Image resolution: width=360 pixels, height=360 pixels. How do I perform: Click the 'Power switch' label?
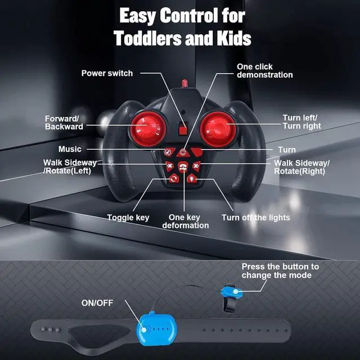tap(107, 73)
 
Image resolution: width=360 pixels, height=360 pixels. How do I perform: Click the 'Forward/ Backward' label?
tap(64, 122)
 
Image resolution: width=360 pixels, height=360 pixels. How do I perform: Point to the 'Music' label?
tap(70, 149)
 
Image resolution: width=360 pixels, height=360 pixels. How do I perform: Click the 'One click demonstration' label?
tap(264, 71)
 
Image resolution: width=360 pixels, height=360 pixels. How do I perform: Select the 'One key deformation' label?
tap(185, 221)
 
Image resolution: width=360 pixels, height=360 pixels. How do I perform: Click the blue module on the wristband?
tap(152, 329)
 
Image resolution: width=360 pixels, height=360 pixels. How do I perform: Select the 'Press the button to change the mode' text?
tap(280, 271)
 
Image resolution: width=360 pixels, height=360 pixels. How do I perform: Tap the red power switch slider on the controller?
tap(182, 128)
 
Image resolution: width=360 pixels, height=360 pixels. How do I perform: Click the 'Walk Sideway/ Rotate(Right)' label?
tap(302, 166)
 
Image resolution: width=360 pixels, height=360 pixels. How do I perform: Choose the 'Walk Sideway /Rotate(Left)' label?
tap(70, 166)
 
